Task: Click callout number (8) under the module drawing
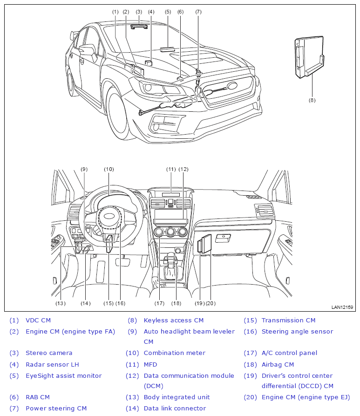[312, 100]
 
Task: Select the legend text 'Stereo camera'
[49, 353]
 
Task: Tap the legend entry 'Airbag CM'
[278, 365]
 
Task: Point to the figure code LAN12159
[342, 307]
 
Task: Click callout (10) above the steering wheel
[109, 169]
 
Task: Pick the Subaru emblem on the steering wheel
[109, 216]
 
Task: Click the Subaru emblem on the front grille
[232, 85]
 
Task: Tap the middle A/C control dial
[170, 232]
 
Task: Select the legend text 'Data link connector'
[175, 408]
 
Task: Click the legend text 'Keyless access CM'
[174, 320]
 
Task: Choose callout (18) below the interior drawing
[176, 303]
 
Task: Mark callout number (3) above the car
[139, 12]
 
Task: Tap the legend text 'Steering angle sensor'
[297, 332]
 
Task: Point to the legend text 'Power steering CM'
[56, 408]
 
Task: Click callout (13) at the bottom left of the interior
[61, 303]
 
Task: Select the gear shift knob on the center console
[171, 257]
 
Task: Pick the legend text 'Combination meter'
[174, 353]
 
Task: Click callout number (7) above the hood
[198, 12]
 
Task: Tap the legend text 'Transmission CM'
[288, 320]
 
